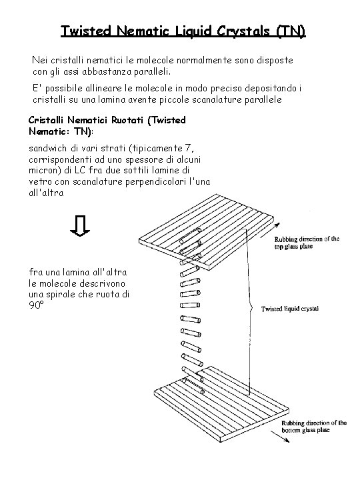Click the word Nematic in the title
click(143, 31)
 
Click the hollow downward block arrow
click(80, 226)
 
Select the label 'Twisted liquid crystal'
click(289, 309)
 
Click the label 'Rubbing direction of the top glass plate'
click(307, 243)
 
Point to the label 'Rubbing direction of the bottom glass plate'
click(314, 427)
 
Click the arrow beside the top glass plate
click(270, 231)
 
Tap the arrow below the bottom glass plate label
click(280, 437)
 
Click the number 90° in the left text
click(36, 305)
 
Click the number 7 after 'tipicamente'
click(189, 148)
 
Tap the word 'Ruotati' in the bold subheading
click(127, 120)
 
